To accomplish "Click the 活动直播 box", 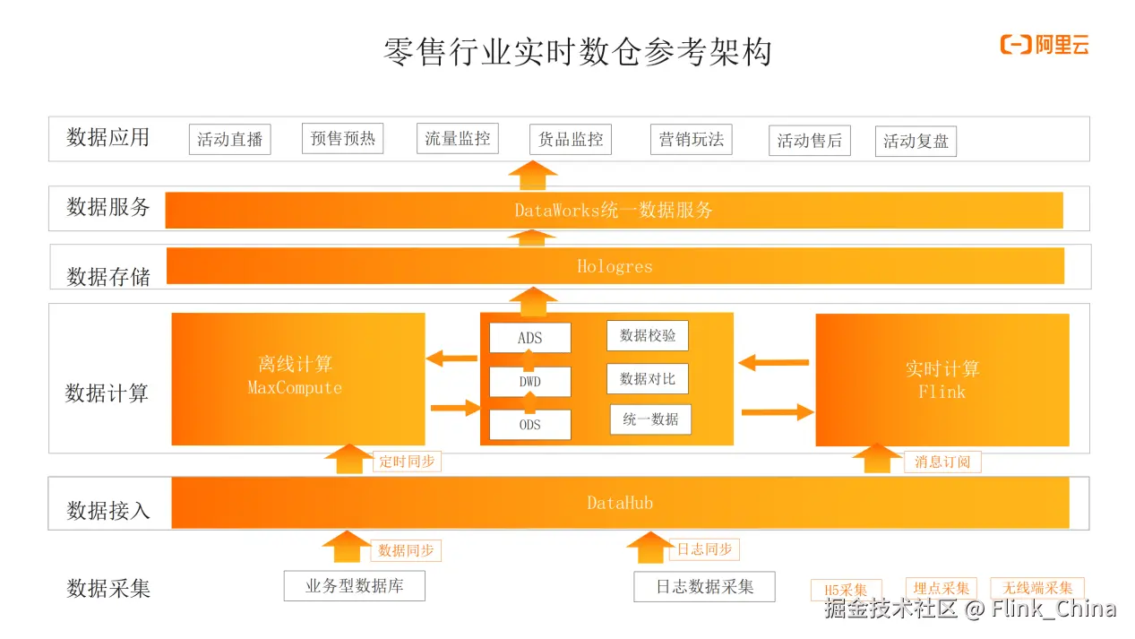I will tap(229, 140).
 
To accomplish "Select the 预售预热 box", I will tap(342, 139).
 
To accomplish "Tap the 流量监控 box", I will tap(457, 139).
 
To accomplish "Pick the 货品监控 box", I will tap(571, 140).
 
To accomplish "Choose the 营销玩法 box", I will tap(691, 139).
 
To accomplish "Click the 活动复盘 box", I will tap(916, 141).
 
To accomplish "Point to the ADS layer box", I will tap(529, 338).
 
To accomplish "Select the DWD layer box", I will tap(529, 382).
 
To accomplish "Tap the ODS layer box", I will tap(529, 425).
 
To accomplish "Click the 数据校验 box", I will tap(648, 335).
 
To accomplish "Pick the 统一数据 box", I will tap(650, 419).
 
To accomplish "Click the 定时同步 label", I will tap(407, 462).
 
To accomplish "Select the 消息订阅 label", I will tap(942, 462).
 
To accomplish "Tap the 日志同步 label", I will tap(703, 549).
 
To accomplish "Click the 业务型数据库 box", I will tap(354, 586).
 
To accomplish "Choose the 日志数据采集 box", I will tap(704, 586).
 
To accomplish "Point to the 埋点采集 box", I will tap(941, 589).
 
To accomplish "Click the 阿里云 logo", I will tap(1045, 45).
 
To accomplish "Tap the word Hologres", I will tap(615, 266).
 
